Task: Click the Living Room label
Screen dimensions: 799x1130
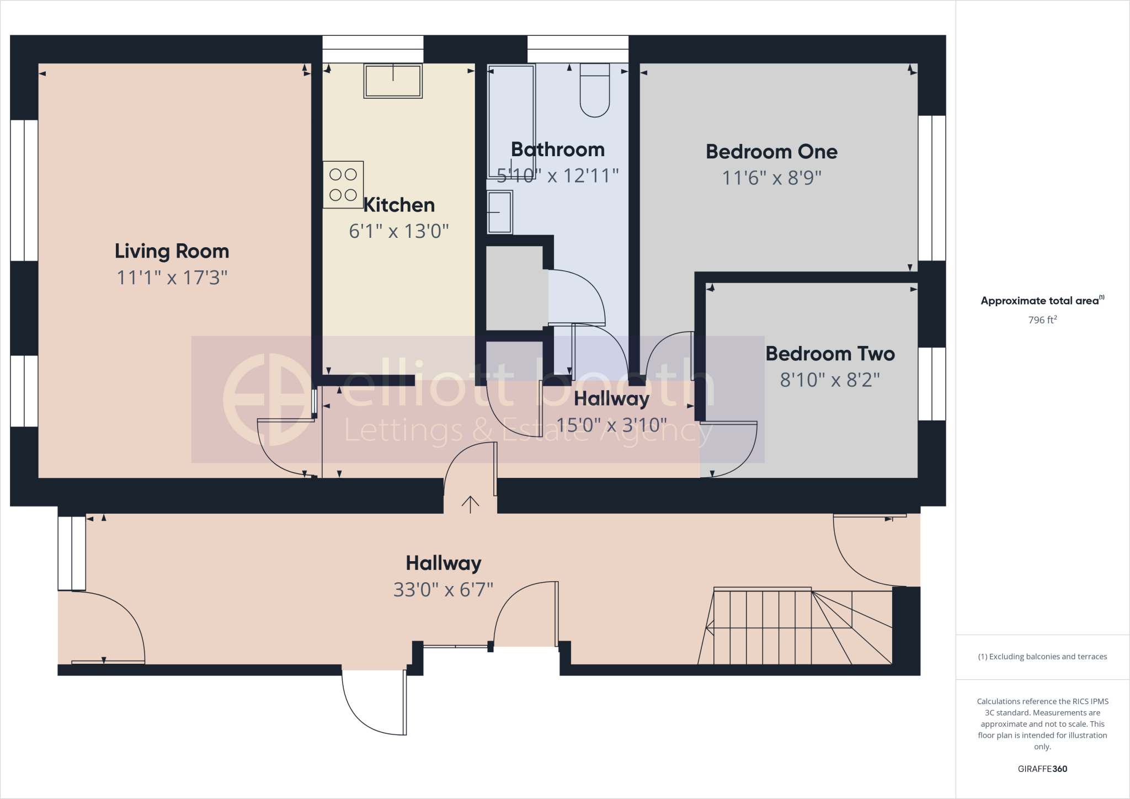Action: [x=172, y=251]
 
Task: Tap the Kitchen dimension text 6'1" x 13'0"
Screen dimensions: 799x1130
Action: [x=398, y=231]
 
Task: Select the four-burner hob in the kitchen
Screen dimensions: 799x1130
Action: [x=343, y=184]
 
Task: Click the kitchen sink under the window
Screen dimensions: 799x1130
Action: [x=393, y=81]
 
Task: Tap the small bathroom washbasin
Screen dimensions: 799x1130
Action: [x=499, y=212]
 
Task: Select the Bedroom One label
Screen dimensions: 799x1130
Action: [x=771, y=152]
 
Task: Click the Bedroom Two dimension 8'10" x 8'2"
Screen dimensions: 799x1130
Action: [x=829, y=380]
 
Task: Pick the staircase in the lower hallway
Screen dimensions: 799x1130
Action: [x=795, y=626]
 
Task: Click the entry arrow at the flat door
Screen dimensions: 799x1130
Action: [x=470, y=504]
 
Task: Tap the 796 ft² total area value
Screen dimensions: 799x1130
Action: [x=1042, y=320]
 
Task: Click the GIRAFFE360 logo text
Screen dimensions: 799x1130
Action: [x=1042, y=769]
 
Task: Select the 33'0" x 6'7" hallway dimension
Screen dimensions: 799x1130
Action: [x=443, y=590]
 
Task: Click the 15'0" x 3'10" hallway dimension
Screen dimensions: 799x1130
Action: [x=611, y=425]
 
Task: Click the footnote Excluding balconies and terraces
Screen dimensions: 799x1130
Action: [x=1042, y=657]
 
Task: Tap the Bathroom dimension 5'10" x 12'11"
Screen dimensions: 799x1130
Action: [x=557, y=176]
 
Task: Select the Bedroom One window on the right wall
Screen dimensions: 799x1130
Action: [x=932, y=188]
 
